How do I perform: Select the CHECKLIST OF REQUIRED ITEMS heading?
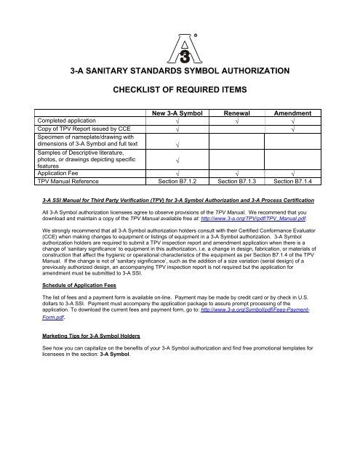(180, 92)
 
